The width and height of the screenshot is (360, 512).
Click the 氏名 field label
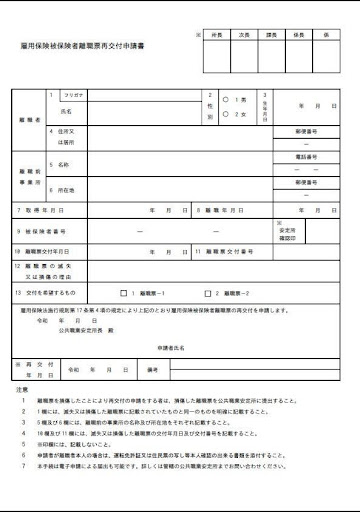(x=69, y=113)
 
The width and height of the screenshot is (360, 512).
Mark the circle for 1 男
(x=227, y=99)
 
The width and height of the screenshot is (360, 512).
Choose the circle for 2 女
(x=227, y=115)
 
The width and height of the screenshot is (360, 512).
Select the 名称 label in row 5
(x=65, y=164)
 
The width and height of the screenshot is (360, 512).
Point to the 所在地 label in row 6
(x=68, y=188)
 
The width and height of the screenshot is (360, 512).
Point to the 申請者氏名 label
(x=171, y=346)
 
